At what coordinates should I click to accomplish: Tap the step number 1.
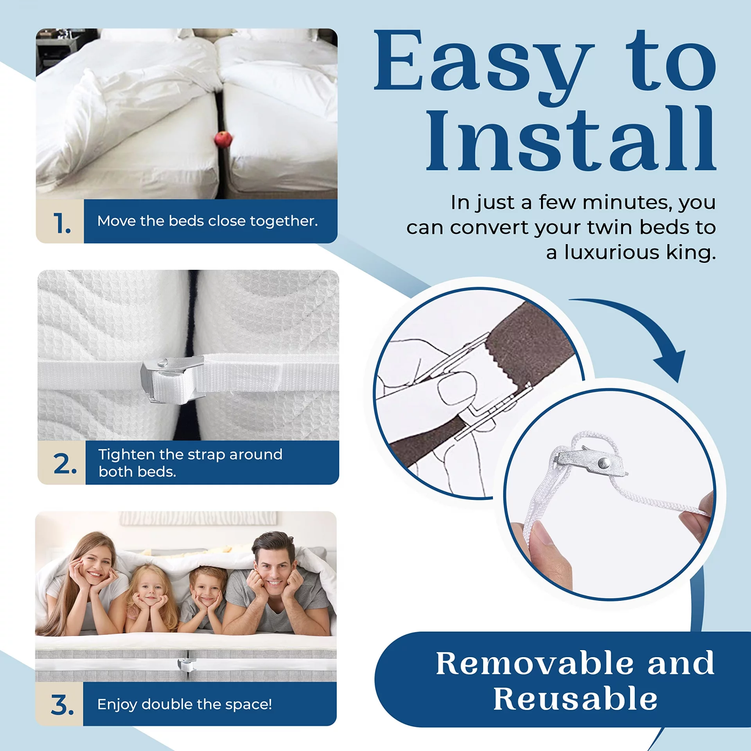tap(62, 223)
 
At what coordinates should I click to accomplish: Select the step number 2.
tap(65, 464)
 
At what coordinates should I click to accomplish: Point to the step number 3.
tap(62, 705)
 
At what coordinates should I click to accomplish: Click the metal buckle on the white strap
tap(172, 378)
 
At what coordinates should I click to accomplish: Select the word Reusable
tap(575, 699)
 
